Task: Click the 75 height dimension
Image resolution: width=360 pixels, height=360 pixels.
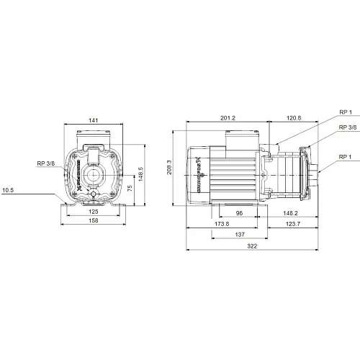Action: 130,186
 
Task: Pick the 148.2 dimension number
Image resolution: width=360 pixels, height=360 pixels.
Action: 290,212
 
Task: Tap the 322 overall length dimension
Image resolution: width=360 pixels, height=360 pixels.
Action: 252,246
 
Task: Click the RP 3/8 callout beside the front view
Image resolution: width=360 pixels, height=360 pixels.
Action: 47,163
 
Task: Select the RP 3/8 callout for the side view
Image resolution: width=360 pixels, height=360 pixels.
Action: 346,127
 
